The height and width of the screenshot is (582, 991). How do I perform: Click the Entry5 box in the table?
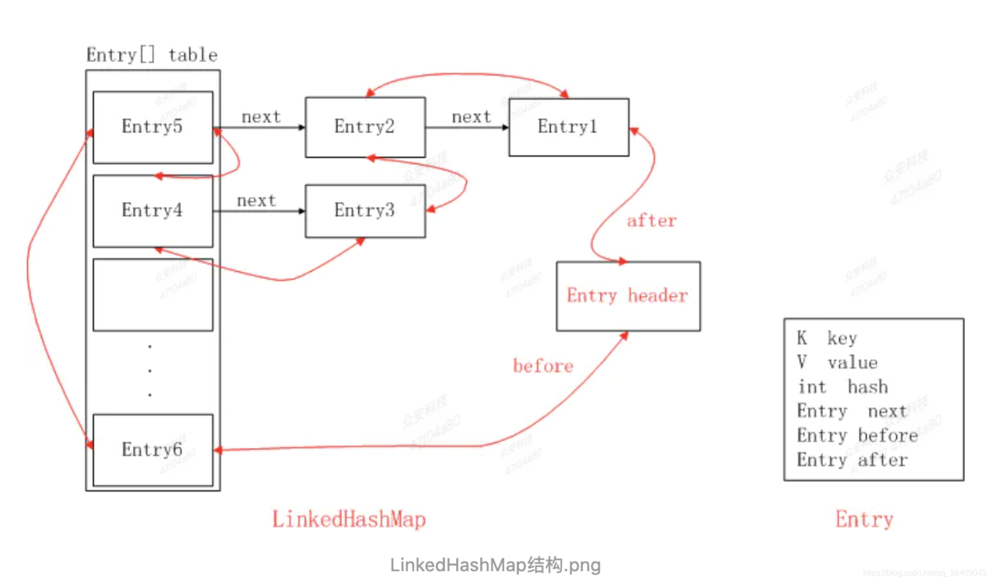pos(152,127)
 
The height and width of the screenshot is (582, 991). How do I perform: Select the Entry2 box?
pos(365,127)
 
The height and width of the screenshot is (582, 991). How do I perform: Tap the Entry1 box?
pos(568,127)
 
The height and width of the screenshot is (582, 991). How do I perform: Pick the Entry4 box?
pos(152,211)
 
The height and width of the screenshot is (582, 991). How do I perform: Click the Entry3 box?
pos(365,211)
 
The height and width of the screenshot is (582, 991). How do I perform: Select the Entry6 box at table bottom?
pos(152,449)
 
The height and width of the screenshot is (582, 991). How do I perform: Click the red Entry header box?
pos(627,296)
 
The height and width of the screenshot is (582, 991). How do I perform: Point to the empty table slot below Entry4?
pos(152,295)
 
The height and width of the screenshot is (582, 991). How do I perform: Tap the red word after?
pos(651,221)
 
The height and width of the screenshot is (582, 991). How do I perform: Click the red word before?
pos(543,366)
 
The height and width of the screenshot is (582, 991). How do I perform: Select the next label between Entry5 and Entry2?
pos(261,117)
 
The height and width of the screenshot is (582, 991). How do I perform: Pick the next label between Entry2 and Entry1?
pos(471,117)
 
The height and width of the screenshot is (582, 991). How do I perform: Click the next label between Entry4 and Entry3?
pos(256,201)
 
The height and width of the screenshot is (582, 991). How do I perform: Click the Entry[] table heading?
pos(152,55)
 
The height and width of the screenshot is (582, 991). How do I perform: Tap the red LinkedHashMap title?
pos(349,519)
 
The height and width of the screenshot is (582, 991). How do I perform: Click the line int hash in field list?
pos(842,387)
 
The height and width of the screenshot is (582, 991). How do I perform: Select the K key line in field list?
pos(827,338)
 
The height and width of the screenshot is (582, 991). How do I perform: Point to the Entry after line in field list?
pos(852,460)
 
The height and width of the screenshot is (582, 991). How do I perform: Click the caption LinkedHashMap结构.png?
pos(495,565)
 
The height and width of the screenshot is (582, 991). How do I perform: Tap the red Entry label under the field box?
pos(864,519)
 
